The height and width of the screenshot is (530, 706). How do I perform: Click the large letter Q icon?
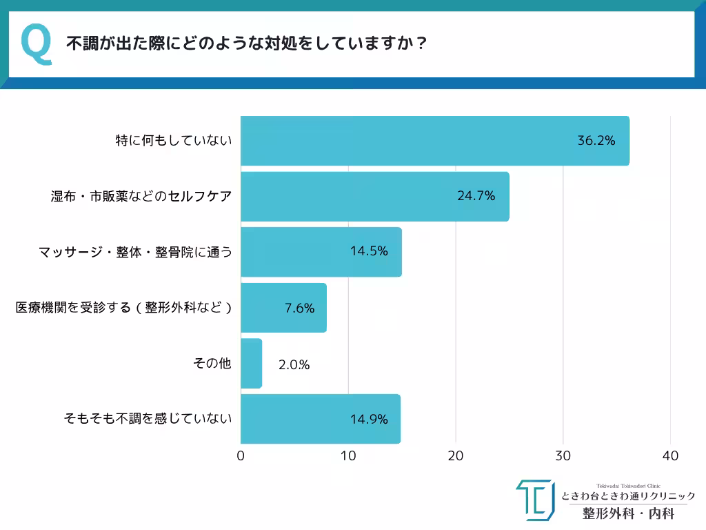pos(37,45)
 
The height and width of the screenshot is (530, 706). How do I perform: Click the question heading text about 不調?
pos(246,43)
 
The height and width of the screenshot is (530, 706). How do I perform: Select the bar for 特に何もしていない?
pos(434,141)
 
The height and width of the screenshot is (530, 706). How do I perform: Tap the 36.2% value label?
pos(596,141)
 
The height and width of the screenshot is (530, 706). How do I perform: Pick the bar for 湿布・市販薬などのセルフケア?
pos(374,197)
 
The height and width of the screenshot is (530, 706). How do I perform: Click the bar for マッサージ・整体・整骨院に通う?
pos(321,252)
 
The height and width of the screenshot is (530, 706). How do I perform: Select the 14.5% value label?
pos(369,251)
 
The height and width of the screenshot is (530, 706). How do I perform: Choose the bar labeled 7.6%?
pos(283,308)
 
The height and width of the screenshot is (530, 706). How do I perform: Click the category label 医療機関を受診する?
pos(123,308)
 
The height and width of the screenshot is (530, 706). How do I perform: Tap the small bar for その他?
pos(251,364)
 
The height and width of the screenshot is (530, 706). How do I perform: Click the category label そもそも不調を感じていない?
pos(148,418)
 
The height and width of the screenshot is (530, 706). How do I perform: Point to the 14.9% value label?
pos(369,419)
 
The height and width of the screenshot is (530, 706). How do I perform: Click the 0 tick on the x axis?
pos(241,456)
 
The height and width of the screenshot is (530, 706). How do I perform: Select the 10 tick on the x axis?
pos(348,456)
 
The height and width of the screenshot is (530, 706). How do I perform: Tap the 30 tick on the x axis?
pos(563,456)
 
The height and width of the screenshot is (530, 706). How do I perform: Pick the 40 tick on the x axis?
pos(670,456)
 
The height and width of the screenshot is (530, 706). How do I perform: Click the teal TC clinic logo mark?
pos(534,500)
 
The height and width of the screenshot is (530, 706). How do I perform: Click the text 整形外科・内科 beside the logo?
pos(628,513)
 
